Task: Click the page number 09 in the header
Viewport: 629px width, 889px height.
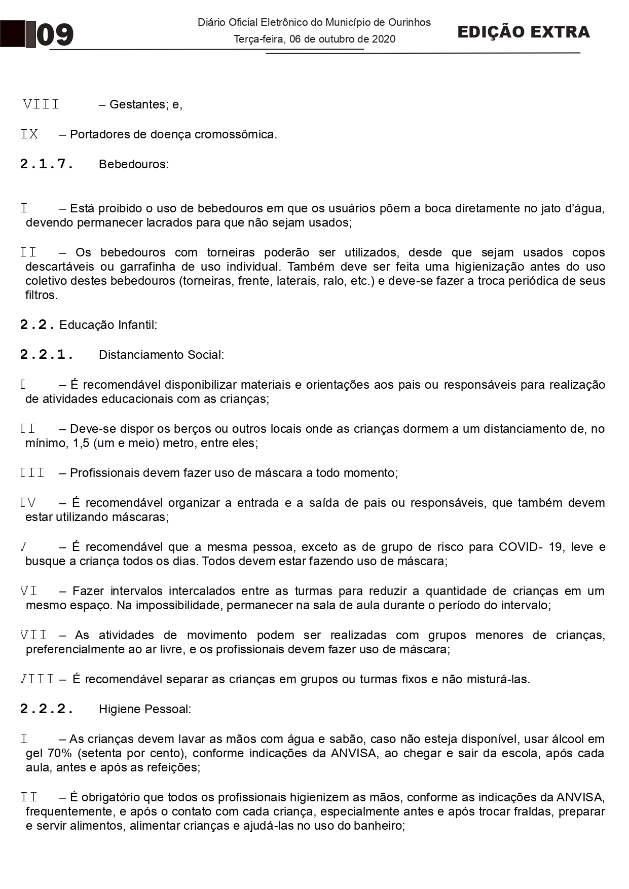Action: coord(55,35)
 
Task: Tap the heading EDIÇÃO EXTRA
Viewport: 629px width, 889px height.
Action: coord(523,32)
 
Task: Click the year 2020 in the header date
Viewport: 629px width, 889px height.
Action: coord(383,39)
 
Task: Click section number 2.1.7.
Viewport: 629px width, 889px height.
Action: coord(47,164)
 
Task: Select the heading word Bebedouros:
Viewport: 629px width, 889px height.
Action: coord(134,164)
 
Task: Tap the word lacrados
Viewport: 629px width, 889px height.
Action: coord(174,223)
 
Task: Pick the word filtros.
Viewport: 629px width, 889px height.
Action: coord(42,295)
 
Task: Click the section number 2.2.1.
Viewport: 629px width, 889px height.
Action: coord(47,354)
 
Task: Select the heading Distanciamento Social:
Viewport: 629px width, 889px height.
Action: coord(161,355)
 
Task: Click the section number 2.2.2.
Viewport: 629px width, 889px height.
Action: coord(47,709)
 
